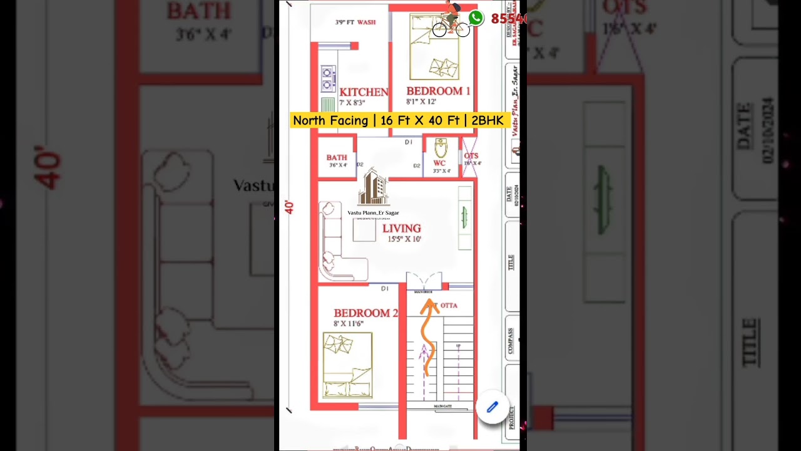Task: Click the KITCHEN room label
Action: click(x=364, y=92)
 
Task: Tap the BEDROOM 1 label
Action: click(x=438, y=91)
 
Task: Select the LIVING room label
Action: click(x=402, y=229)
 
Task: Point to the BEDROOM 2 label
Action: click(x=365, y=313)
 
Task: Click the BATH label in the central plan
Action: click(x=337, y=158)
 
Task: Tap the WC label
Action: click(x=439, y=163)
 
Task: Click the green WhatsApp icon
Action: click(x=476, y=18)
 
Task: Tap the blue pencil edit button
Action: click(x=492, y=407)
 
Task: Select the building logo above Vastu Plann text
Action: click(x=373, y=187)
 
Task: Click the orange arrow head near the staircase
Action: click(x=430, y=306)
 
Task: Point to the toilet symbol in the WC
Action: click(x=441, y=148)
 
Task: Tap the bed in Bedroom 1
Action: click(x=434, y=47)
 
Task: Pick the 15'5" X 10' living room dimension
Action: click(x=404, y=239)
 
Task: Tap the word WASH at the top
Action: click(x=367, y=23)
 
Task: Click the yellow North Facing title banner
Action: click(x=399, y=120)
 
